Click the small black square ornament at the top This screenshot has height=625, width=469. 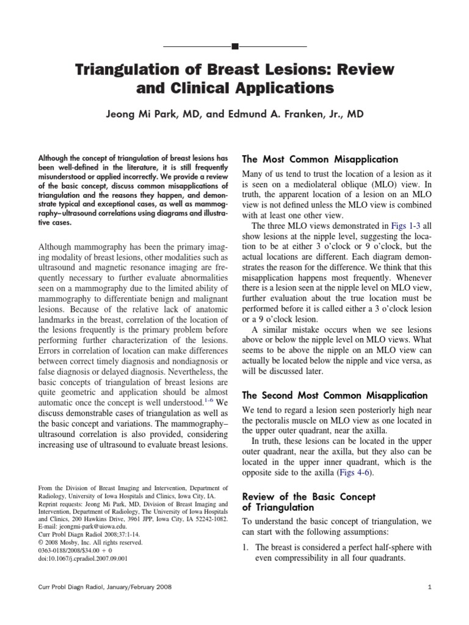point(235,46)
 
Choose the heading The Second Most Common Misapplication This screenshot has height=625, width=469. point(335,396)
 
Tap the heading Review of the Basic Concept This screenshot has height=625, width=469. point(309,496)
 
